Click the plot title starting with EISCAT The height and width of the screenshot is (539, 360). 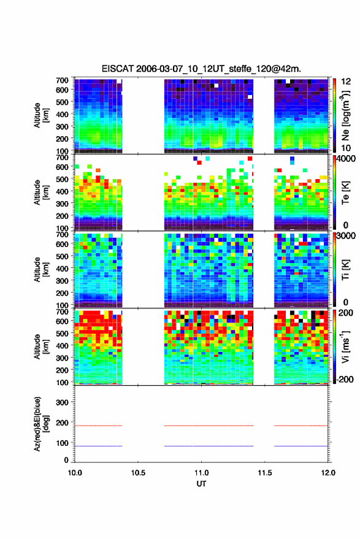click(201, 69)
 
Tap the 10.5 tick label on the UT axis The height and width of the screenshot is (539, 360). click(138, 473)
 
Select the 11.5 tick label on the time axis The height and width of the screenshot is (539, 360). click(264, 473)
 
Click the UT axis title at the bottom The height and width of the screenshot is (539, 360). click(201, 484)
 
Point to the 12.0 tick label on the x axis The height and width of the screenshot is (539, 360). click(328, 473)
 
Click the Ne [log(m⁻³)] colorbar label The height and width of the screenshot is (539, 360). click(345, 115)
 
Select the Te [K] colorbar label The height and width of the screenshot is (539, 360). click(345, 193)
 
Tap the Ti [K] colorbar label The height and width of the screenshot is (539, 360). click(345, 270)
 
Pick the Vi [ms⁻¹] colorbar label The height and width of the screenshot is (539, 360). click(345, 346)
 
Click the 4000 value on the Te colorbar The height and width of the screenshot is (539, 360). click(346, 159)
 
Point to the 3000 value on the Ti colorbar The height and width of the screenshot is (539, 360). click(346, 236)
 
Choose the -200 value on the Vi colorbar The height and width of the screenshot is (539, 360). click(345, 379)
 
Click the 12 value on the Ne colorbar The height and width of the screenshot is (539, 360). click(346, 82)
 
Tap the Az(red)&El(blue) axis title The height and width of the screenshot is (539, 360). click(41, 424)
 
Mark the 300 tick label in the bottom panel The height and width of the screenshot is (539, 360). click(62, 402)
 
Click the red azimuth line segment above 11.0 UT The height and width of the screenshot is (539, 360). click(209, 426)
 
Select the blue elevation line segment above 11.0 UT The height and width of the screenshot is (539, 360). click(209, 446)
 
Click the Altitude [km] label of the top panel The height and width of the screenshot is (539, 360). click(41, 115)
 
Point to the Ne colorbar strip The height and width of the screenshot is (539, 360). click(334, 115)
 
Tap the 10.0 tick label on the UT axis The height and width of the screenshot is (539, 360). click(75, 473)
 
